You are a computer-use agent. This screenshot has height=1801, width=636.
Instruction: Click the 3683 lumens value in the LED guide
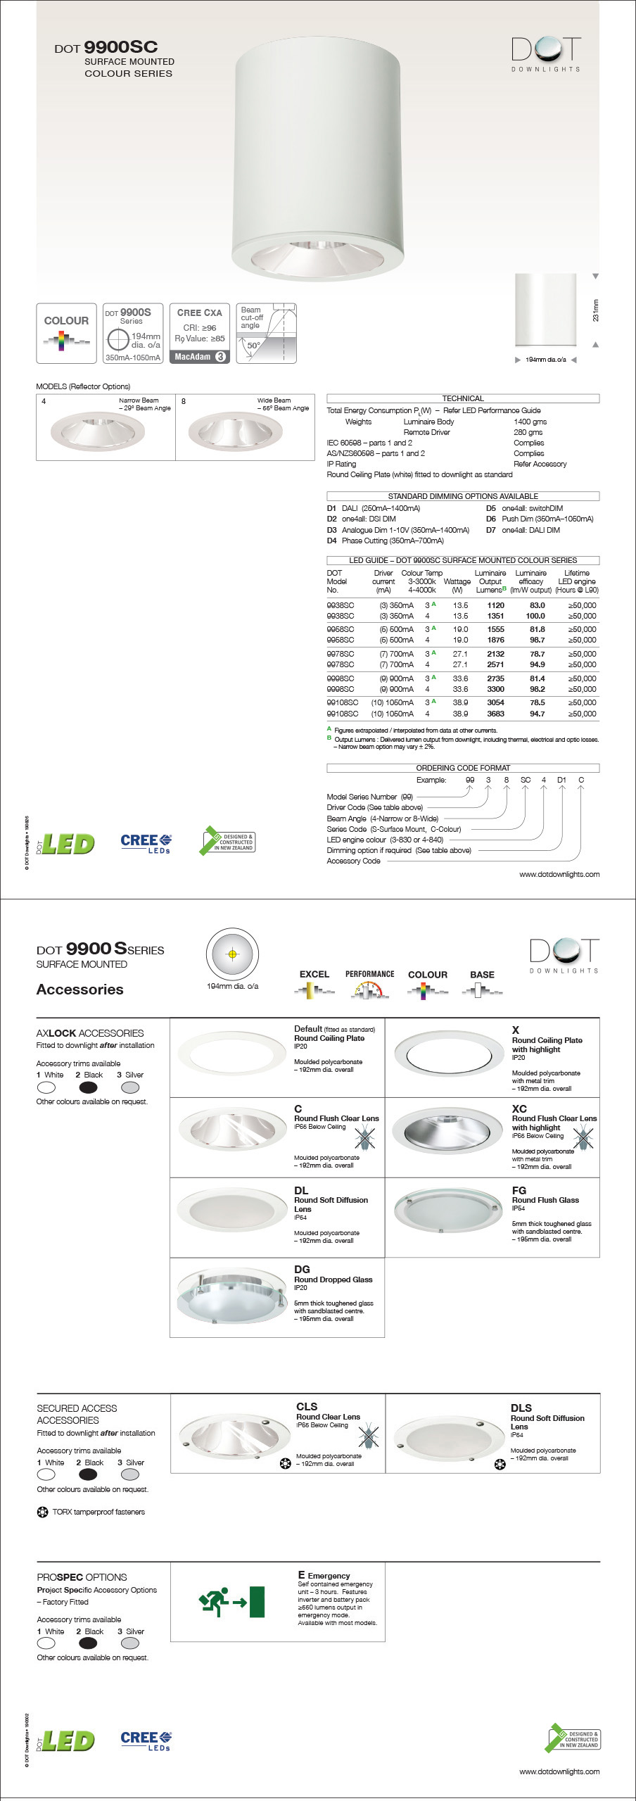[x=495, y=714]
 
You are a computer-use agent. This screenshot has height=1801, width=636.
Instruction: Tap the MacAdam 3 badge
[x=200, y=357]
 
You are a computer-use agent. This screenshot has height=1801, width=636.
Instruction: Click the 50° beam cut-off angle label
[x=253, y=346]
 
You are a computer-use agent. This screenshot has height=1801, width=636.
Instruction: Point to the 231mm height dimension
[x=596, y=310]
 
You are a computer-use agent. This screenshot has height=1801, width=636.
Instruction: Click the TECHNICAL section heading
[x=462, y=398]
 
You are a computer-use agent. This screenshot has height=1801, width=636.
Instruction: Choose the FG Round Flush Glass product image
[x=440, y=1210]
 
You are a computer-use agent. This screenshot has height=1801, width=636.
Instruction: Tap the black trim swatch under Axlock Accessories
[x=89, y=1087]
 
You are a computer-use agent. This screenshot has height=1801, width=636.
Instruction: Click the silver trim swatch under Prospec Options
[x=130, y=1643]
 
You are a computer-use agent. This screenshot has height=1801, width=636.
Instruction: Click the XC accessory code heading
[x=519, y=1108]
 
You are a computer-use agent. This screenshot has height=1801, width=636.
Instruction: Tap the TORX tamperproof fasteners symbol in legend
[x=42, y=1512]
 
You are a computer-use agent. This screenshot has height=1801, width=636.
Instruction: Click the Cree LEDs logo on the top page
[x=146, y=843]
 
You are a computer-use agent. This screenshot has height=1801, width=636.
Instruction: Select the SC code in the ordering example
[x=525, y=780]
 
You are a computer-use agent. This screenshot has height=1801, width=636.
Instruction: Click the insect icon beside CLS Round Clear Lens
[x=369, y=1435]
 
